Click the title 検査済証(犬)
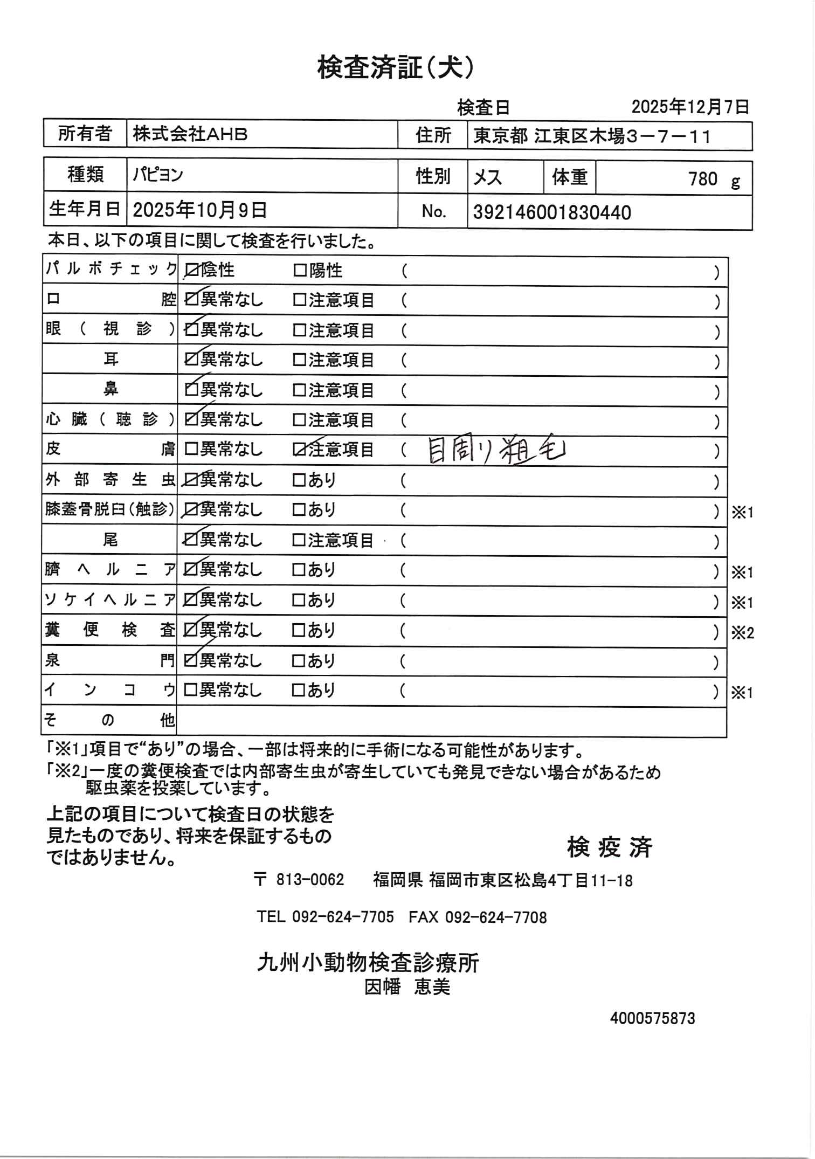click(396, 68)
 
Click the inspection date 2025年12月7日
click(690, 107)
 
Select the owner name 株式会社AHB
click(190, 134)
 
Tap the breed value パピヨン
click(158, 175)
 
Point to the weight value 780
click(703, 178)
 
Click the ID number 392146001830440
click(552, 212)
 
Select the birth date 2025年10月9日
click(200, 210)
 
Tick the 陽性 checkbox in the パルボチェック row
click(299, 271)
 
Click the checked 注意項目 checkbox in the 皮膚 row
click(299, 450)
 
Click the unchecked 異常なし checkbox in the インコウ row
click(189, 691)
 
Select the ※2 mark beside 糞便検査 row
click(742, 633)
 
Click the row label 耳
click(110, 359)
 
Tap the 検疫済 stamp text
click(610, 847)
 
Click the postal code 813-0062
click(309, 880)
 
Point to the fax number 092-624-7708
click(496, 917)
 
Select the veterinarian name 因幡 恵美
click(408, 986)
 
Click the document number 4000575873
click(652, 1018)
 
